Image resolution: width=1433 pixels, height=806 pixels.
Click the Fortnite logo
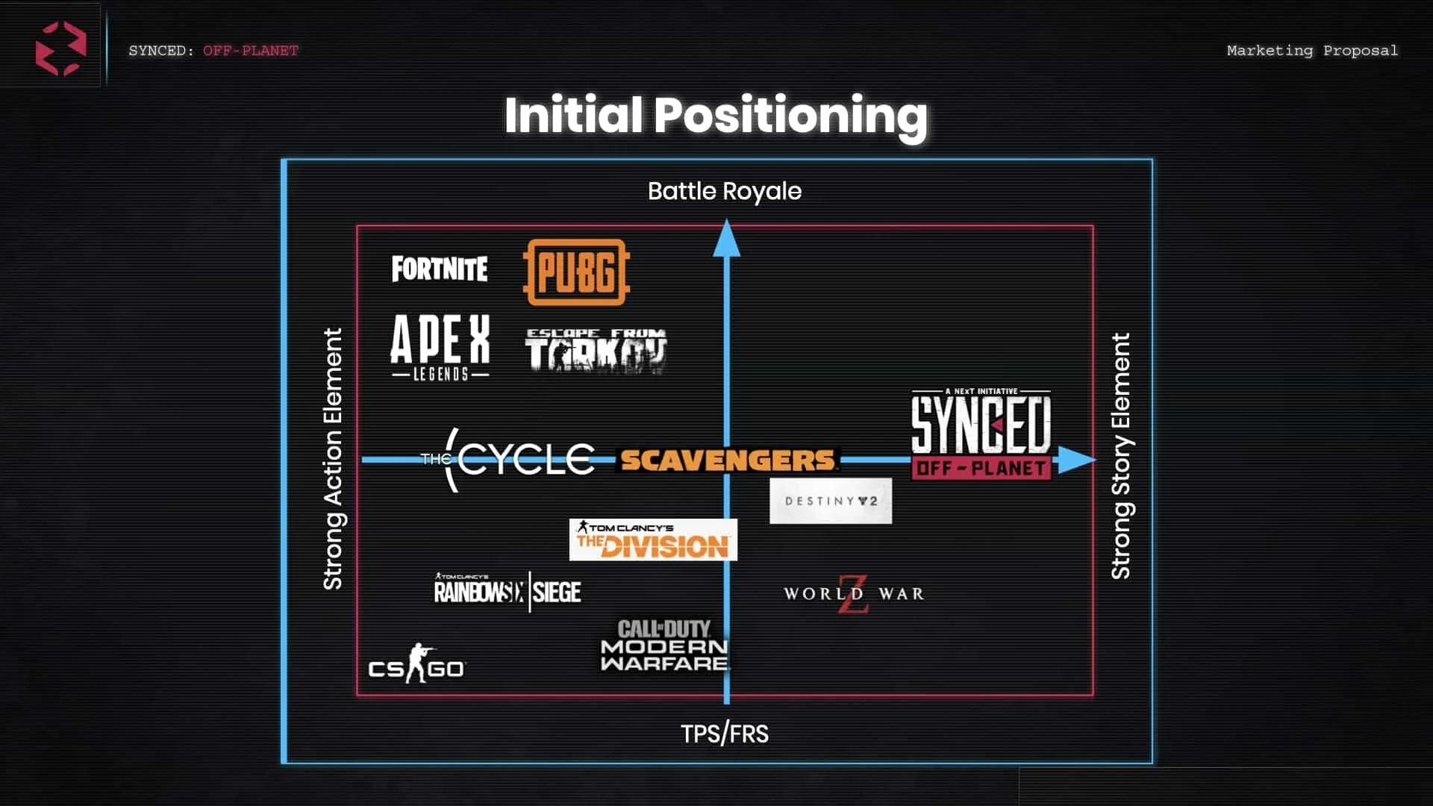click(x=440, y=269)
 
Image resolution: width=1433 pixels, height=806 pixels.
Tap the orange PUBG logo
click(x=575, y=272)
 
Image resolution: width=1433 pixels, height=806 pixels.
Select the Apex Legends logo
click(x=440, y=348)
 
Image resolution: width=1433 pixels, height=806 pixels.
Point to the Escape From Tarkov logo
click(x=595, y=351)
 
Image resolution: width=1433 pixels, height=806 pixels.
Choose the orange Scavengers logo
click(x=727, y=460)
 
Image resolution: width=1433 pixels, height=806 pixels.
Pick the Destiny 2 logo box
click(x=831, y=501)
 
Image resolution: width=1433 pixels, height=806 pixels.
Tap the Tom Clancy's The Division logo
click(x=653, y=540)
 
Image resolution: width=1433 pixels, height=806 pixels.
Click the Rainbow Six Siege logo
click(x=508, y=591)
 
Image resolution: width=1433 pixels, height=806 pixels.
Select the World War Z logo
click(x=854, y=594)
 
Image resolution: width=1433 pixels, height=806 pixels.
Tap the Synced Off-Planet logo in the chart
click(x=981, y=434)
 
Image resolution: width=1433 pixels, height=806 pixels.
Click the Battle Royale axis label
click(x=724, y=192)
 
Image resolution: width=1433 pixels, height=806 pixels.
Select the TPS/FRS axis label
click(x=724, y=734)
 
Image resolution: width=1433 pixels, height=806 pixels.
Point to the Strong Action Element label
click(x=333, y=459)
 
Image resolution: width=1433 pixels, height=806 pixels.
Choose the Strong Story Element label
click(x=1120, y=456)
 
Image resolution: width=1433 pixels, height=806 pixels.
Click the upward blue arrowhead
click(x=726, y=238)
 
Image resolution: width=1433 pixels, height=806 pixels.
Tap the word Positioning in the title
click(x=790, y=116)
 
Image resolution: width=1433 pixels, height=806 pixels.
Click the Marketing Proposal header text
click(x=1312, y=51)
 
